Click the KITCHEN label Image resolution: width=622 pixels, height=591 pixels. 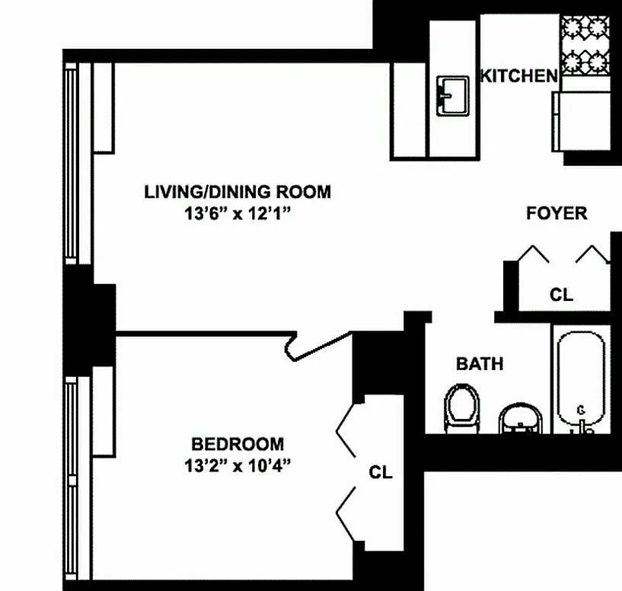[x=519, y=75]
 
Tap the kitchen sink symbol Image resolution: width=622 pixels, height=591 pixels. [x=452, y=96]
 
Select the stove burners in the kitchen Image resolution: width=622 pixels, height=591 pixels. [x=585, y=45]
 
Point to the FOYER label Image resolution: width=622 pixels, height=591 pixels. [x=557, y=213]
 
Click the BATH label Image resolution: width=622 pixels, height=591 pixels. [x=480, y=363]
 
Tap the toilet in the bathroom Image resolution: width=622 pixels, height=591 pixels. [x=461, y=408]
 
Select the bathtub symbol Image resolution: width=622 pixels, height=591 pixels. [x=581, y=382]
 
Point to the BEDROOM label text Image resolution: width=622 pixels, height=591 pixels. [x=238, y=444]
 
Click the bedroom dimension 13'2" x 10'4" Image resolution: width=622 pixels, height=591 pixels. [x=238, y=465]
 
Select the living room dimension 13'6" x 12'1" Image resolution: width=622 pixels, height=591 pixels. [x=238, y=214]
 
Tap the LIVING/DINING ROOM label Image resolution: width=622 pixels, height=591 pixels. [x=238, y=192]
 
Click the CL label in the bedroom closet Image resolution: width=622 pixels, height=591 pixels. [x=381, y=472]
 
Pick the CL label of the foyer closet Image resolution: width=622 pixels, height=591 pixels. [x=561, y=295]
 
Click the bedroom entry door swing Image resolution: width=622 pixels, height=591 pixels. [x=318, y=346]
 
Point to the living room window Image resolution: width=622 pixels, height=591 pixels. [x=72, y=164]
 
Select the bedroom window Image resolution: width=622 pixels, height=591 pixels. [x=72, y=478]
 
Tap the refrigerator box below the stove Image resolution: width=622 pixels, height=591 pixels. [x=582, y=121]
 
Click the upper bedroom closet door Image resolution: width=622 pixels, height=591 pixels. [x=346, y=430]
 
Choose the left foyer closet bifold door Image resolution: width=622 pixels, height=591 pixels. [x=533, y=254]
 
